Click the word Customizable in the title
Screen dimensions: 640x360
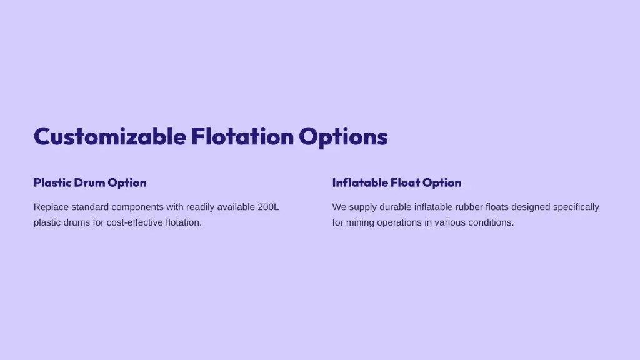click(x=110, y=136)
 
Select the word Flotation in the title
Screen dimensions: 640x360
click(x=242, y=136)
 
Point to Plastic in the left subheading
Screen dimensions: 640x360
click(x=52, y=182)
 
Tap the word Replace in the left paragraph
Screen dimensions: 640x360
click(x=51, y=207)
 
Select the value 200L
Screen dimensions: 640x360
click(x=268, y=207)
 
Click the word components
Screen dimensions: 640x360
click(x=137, y=207)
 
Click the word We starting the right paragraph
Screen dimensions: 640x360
click(x=339, y=207)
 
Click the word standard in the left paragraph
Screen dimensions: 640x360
click(x=90, y=207)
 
